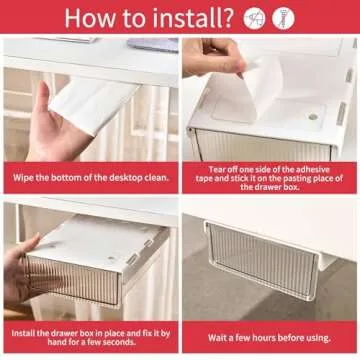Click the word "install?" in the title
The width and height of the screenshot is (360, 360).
(197, 17)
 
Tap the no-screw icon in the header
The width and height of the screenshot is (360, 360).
(283, 17)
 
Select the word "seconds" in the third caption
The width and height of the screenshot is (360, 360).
(132, 342)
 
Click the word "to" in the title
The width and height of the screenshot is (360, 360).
(142, 18)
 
